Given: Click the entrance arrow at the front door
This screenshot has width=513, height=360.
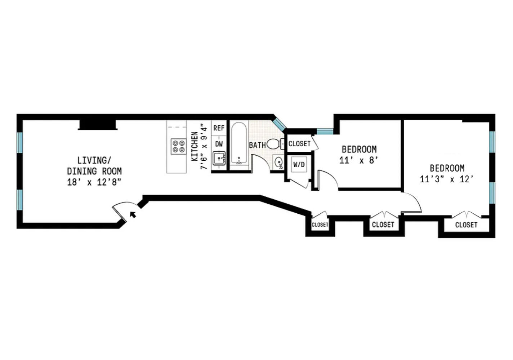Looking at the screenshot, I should (133, 214).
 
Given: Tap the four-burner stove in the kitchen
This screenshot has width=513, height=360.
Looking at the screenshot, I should (178, 146).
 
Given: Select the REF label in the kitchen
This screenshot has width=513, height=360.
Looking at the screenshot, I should (219, 128).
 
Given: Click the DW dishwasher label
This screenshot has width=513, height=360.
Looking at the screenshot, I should (219, 144).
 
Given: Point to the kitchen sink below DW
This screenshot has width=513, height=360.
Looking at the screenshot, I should (219, 158).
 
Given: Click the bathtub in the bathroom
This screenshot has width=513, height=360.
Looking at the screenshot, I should (238, 143).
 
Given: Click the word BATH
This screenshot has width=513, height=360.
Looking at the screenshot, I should (257, 145).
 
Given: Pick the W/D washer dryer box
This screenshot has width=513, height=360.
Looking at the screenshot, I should (299, 165).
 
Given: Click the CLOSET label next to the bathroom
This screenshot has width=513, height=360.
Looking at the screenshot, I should (299, 143).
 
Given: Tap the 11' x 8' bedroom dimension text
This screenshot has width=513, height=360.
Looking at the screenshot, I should (359, 160).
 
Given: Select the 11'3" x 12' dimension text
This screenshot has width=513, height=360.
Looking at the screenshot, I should (447, 179).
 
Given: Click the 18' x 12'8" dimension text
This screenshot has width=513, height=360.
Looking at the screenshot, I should (94, 182).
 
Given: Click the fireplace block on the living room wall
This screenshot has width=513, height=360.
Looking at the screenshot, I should (98, 124).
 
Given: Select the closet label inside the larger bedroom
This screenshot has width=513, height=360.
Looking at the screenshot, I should (466, 225).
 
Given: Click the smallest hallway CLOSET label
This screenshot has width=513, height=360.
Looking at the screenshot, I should (320, 225).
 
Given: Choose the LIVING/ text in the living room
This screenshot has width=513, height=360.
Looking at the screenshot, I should (92, 160).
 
